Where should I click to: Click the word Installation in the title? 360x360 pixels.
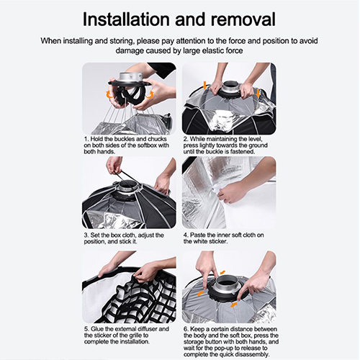pos(127,19)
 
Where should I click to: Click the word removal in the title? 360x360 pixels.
pos(243,19)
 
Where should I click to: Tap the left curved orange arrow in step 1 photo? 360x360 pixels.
pos(110,94)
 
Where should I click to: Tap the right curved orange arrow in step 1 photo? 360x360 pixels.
pos(149,94)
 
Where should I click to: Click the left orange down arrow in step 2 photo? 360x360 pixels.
pos(204,85)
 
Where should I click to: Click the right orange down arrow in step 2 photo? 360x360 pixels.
pos(258,94)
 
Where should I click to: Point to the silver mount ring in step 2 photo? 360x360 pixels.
pos(230,88)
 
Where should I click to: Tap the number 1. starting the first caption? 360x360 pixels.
pos(86,139)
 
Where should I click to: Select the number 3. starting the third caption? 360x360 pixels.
pos(86,235)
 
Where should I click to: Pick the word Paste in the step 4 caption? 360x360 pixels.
pos(198,235)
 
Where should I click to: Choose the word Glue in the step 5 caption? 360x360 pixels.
pos(97,329)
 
